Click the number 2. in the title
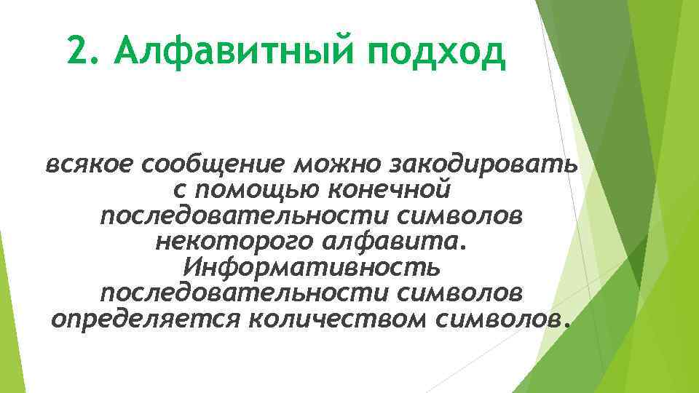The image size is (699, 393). click(x=82, y=52)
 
